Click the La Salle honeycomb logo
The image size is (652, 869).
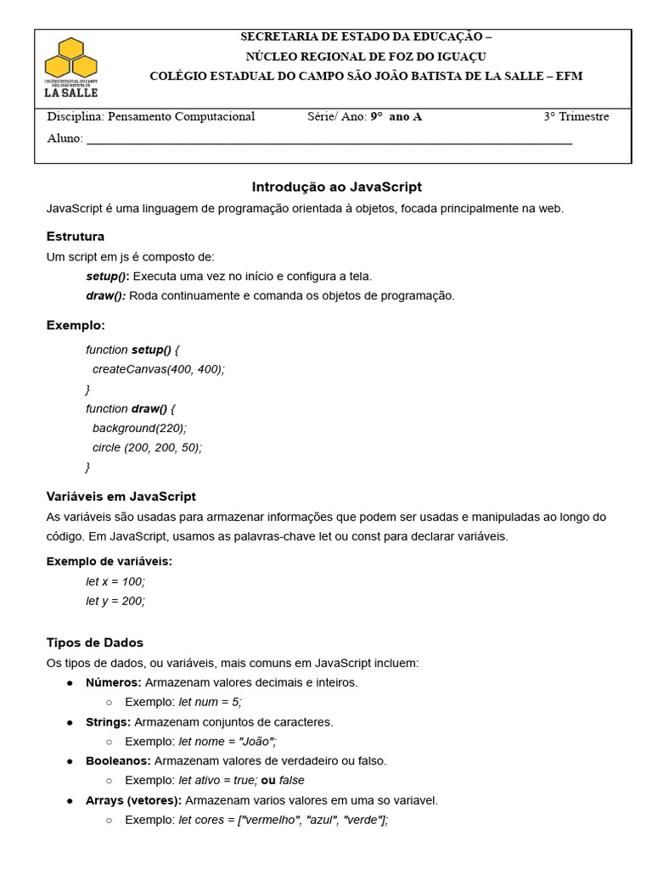[70, 66]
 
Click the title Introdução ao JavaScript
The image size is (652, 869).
[337, 187]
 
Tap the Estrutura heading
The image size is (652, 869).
[76, 236]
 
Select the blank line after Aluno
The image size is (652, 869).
[329, 138]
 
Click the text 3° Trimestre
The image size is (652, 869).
[576, 116]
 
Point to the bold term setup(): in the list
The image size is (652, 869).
[108, 276]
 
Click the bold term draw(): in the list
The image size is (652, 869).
[106, 295]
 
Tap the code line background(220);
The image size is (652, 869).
[139, 428]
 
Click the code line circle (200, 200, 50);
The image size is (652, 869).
[147, 447]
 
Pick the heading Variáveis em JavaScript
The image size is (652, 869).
[121, 496]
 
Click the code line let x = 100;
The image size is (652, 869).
[115, 581]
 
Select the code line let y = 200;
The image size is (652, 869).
[115, 601]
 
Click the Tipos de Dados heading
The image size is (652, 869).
[95, 642]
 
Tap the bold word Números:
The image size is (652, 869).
[114, 682]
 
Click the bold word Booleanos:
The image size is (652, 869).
[118, 760]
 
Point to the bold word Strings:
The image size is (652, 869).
[108, 721]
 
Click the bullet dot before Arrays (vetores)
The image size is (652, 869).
[70, 800]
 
